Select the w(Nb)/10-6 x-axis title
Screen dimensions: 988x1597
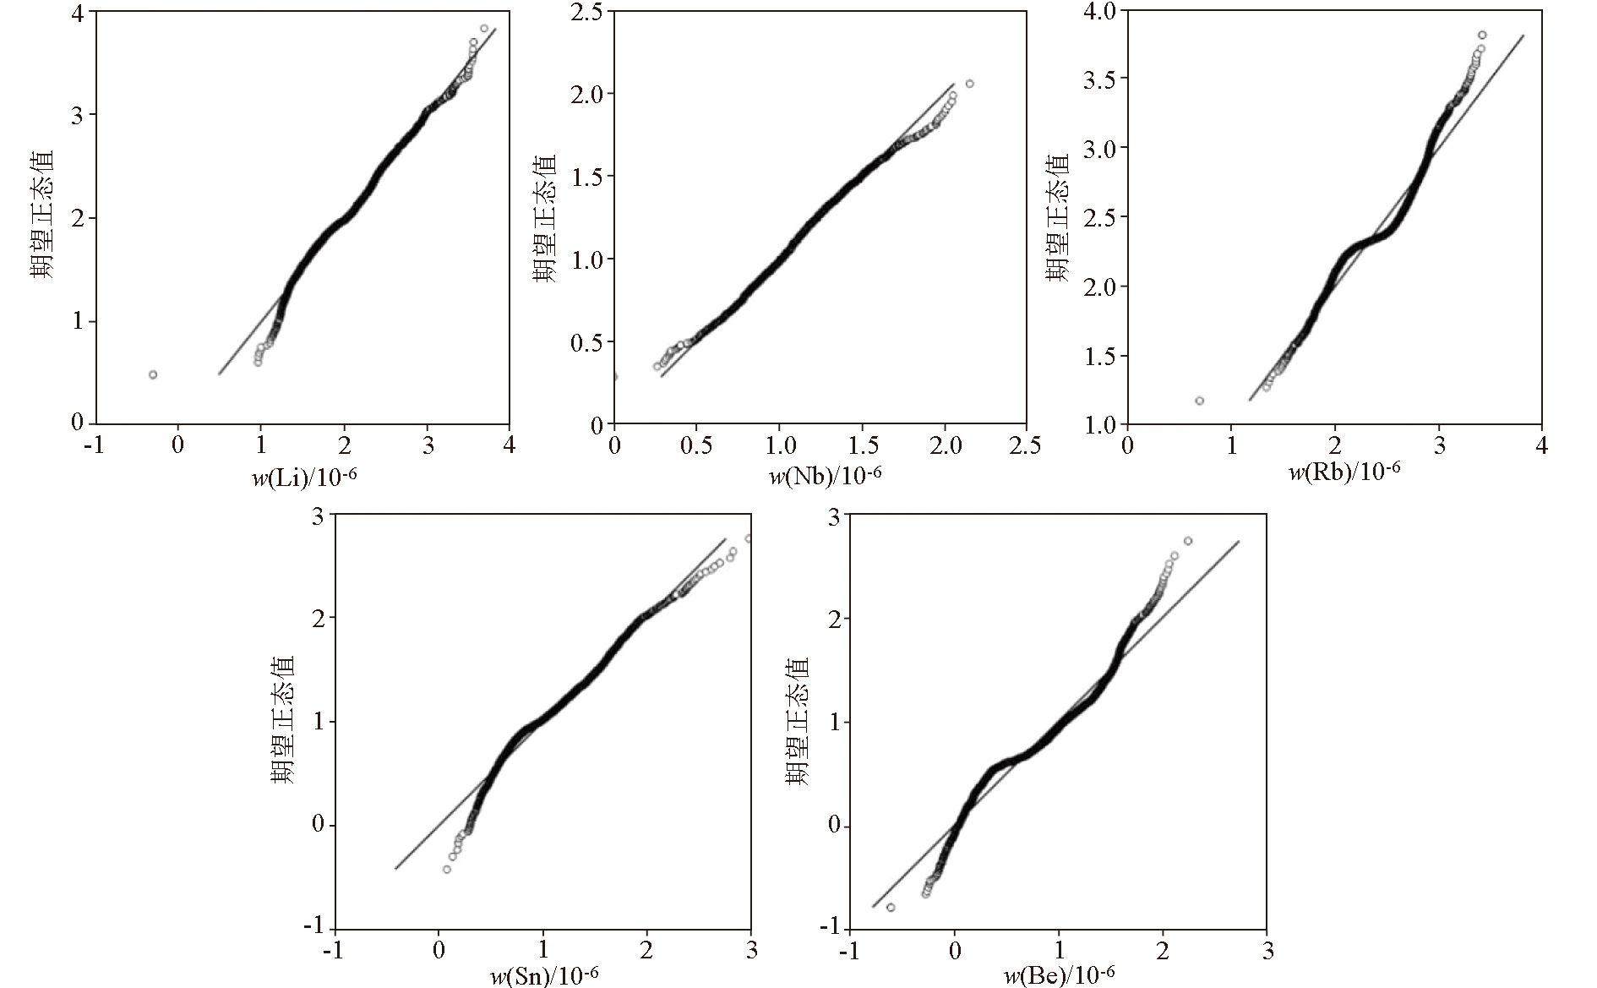825,476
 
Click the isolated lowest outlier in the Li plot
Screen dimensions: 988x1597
153,374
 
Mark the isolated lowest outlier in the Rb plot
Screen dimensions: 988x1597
1199,401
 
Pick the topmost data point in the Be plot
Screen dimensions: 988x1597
1187,541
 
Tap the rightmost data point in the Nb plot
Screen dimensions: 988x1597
969,84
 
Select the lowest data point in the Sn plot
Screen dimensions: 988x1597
447,869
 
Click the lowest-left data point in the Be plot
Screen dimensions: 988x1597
891,907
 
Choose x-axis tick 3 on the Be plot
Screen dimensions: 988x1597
1267,951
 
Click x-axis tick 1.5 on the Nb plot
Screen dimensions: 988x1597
861,445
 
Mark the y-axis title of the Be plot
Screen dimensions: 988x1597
797,721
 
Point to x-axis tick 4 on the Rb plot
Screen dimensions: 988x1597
1540,445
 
